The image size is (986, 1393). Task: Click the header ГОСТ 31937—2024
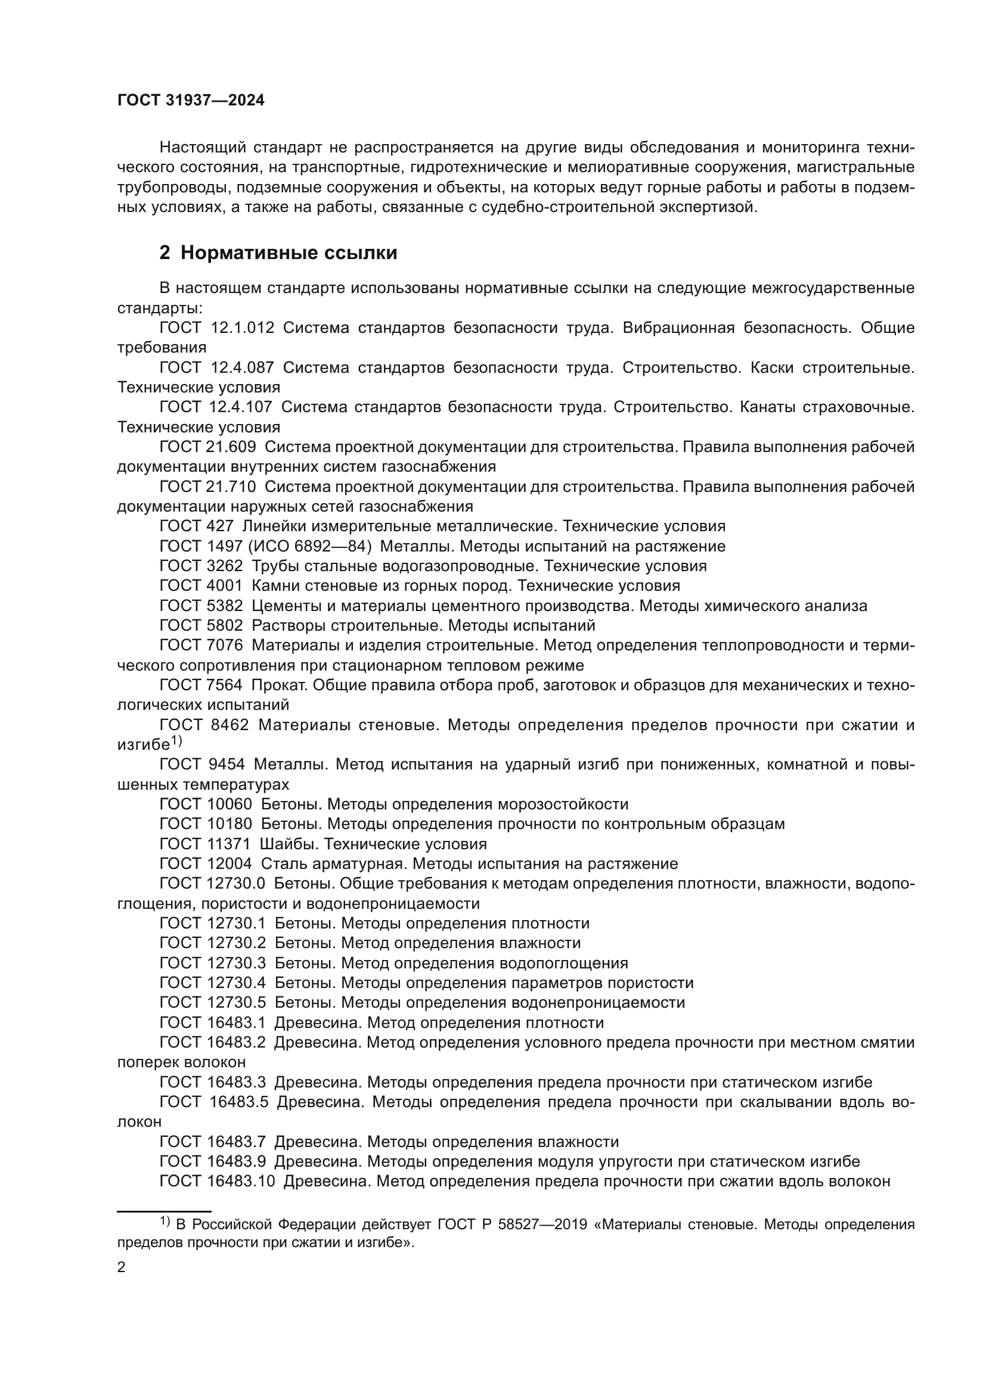click(x=191, y=101)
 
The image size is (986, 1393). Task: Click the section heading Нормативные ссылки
click(x=289, y=253)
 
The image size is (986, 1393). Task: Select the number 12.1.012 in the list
click(x=242, y=328)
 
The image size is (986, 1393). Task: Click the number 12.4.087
click(x=242, y=367)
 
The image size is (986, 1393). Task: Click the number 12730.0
click(x=236, y=883)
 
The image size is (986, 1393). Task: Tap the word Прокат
click(x=274, y=685)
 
